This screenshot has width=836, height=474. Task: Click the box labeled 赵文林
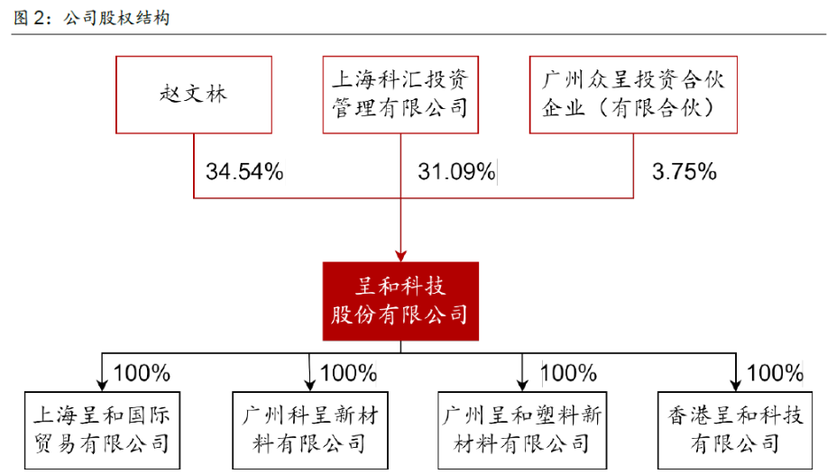[x=195, y=96]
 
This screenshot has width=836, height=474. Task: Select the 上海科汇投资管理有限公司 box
[x=400, y=96]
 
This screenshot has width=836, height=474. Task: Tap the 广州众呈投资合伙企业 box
[x=632, y=96]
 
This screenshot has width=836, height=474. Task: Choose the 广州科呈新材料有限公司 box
[x=308, y=430]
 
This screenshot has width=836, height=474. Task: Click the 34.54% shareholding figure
[x=244, y=171]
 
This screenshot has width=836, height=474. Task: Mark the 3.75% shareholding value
[x=683, y=171]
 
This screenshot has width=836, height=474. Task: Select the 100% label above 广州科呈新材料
[x=348, y=372]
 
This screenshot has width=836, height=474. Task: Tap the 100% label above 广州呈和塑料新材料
[x=568, y=372]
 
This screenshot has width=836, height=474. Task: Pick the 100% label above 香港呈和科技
[x=776, y=372]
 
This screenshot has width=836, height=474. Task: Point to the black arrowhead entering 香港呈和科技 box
[x=736, y=383]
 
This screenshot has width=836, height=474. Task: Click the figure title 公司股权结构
[x=117, y=18]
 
